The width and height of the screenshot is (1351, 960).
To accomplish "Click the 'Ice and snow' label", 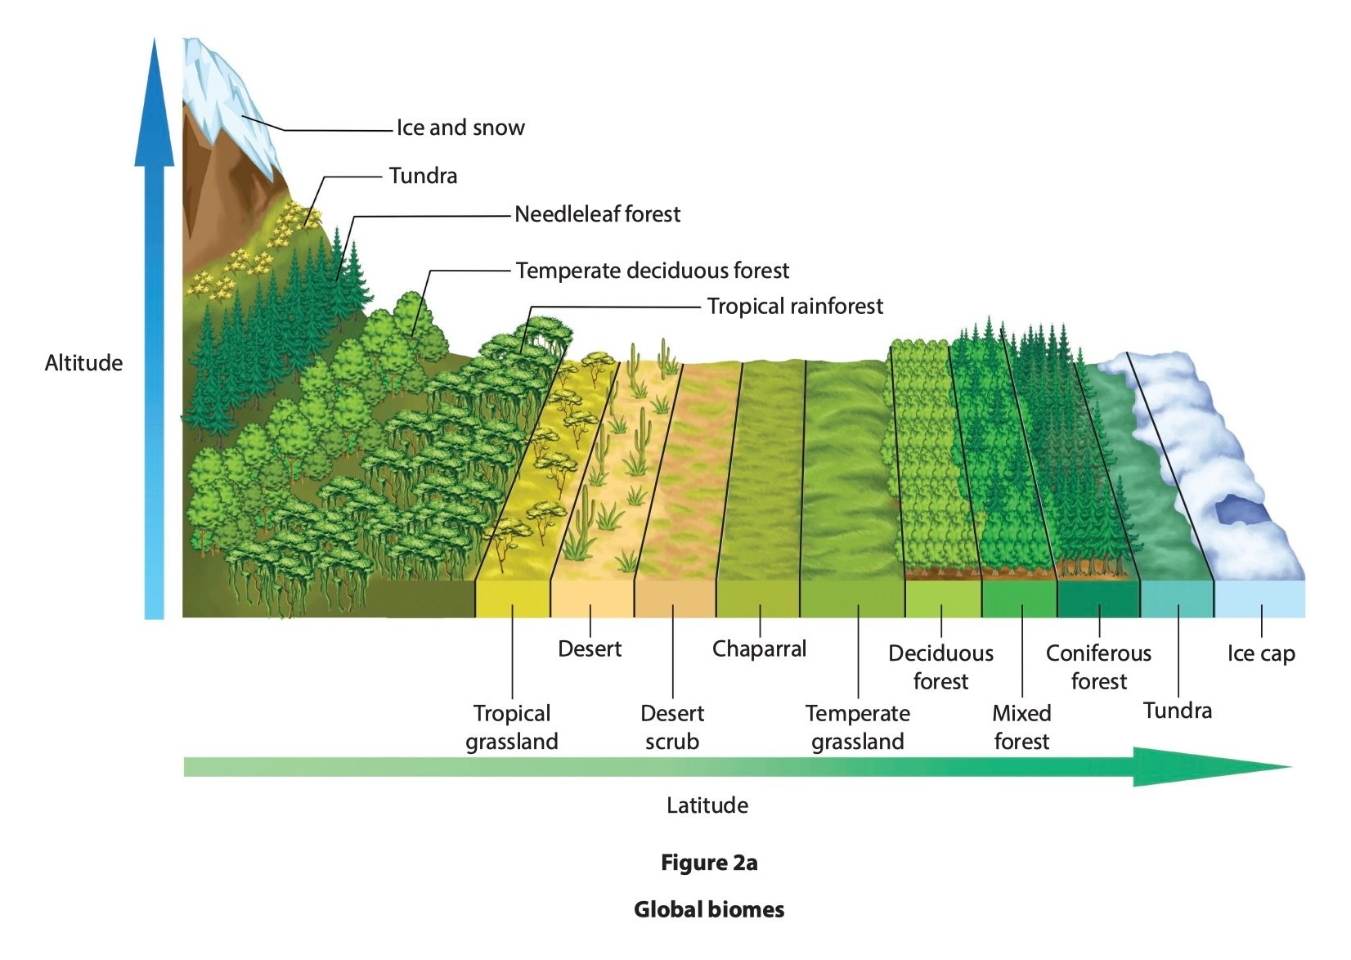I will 460,128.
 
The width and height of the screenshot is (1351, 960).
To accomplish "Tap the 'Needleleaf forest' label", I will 597,214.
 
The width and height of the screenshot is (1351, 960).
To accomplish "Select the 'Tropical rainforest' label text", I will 795,307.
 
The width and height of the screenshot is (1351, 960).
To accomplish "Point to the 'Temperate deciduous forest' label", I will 653,271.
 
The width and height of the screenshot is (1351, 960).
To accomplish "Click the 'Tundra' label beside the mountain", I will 423,176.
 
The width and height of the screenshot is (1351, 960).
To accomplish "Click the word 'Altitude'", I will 83,363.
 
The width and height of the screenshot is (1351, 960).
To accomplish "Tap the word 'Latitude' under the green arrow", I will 707,805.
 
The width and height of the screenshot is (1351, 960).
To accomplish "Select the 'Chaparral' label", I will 759,649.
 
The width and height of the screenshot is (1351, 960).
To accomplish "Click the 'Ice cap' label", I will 1260,654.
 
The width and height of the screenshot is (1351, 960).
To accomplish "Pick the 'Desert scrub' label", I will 672,727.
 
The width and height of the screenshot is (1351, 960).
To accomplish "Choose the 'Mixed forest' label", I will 1021,727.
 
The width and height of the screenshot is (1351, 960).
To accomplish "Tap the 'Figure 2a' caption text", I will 709,864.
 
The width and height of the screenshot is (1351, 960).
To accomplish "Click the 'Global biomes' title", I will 709,910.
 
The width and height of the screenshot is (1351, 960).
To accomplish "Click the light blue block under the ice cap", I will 1259,599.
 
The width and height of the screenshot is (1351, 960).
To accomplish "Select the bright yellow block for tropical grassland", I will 512,599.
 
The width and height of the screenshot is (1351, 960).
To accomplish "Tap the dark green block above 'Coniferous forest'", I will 1098,599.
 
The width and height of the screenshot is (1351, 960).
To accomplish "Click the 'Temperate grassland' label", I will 857,727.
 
